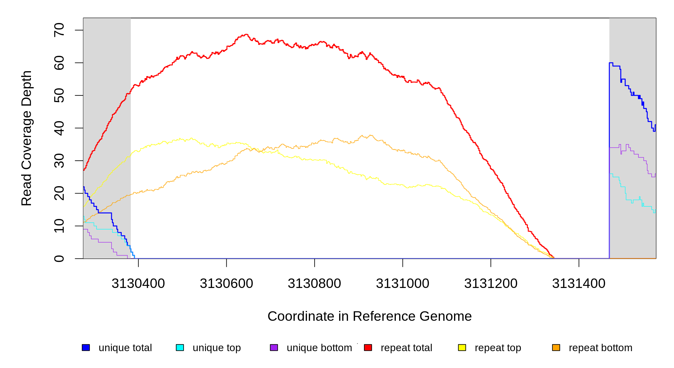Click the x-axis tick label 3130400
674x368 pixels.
click(138, 284)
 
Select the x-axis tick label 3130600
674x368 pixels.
click(226, 284)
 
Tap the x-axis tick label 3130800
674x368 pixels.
click(314, 284)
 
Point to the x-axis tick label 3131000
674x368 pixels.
click(403, 284)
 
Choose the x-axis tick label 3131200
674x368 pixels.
click(491, 284)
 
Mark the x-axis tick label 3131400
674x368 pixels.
click(579, 284)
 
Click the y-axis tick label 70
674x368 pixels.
click(59, 30)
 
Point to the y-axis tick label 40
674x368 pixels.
click(59, 128)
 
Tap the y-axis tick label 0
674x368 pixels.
click(59, 259)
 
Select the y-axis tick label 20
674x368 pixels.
click(59, 193)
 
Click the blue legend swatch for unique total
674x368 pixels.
click(86, 347)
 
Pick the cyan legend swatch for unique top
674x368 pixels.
click(180, 347)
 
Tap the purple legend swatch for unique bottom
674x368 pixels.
click(274, 347)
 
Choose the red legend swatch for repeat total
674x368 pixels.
click(368, 347)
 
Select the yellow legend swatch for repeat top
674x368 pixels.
click(462, 347)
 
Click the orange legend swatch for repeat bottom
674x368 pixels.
click(556, 347)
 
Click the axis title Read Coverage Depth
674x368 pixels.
click(27, 138)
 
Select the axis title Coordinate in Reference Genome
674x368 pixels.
click(369, 316)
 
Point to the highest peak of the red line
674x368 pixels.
click(246, 34)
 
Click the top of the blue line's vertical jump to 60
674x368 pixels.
click(610, 63)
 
